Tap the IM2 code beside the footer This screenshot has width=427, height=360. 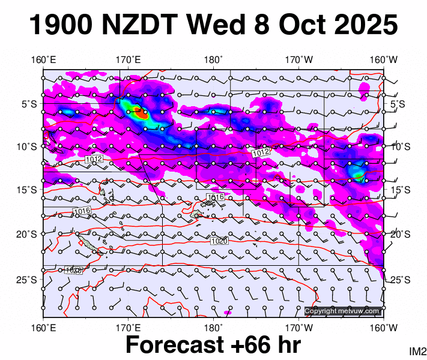(x=417, y=350)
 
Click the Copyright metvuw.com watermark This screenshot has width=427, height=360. (x=342, y=311)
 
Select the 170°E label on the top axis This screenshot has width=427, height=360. (x=129, y=59)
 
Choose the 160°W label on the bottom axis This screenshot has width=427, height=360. (x=384, y=328)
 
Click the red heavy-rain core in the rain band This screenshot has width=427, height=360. (x=138, y=110)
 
